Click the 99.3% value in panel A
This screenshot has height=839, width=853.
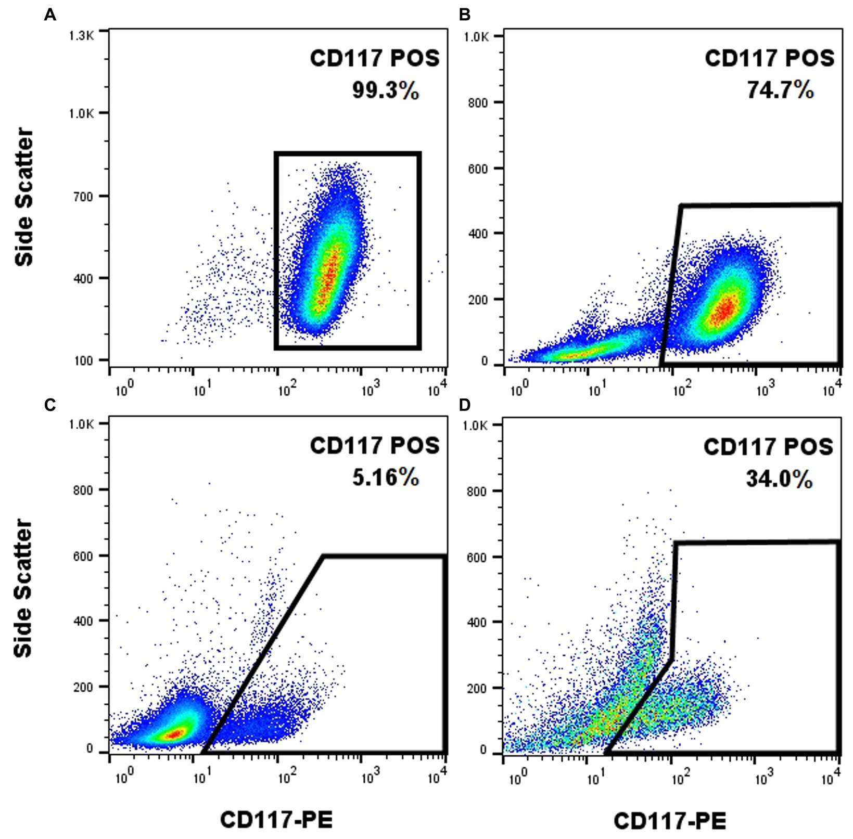(385, 91)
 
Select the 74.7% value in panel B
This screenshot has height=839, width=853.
(780, 91)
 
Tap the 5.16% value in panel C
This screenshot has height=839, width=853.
(385, 477)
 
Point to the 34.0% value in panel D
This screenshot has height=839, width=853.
(779, 479)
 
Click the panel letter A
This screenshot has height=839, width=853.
(50, 15)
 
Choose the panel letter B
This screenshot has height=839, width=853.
(465, 15)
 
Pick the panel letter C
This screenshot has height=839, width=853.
(50, 405)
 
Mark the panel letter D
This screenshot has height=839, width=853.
(465, 405)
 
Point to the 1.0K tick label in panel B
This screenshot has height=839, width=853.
(476, 37)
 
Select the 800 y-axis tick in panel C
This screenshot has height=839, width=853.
(83, 489)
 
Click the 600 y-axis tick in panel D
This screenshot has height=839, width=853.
(478, 557)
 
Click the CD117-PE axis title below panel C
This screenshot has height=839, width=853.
(276, 820)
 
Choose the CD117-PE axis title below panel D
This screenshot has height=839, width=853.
(670, 821)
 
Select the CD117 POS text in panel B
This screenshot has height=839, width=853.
(769, 58)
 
